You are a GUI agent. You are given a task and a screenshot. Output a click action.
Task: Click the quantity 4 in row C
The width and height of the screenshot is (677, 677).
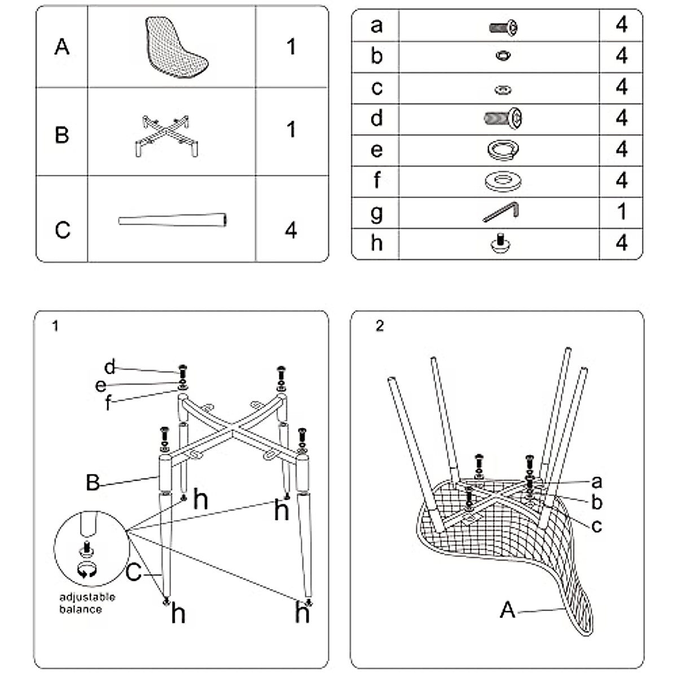point(291,230)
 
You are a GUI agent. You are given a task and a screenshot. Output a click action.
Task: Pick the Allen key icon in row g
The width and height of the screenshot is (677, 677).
point(502,212)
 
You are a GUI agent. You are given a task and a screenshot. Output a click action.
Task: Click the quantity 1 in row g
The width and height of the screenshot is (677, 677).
point(621,212)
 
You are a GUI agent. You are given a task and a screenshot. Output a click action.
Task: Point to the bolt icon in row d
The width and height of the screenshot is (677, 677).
point(503,118)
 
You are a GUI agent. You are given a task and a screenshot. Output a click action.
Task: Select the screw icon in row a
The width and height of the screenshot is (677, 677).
point(503,26)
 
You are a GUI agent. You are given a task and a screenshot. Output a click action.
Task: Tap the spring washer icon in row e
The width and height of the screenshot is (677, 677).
point(503,150)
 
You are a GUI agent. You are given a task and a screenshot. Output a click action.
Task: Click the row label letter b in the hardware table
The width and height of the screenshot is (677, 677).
point(377,56)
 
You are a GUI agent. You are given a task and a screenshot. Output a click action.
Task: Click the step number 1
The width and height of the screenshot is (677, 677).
point(55,326)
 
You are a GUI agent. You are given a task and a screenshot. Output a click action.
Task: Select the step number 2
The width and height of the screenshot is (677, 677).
point(380,326)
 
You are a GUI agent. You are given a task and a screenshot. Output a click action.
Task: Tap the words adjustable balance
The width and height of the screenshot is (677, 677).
point(87,603)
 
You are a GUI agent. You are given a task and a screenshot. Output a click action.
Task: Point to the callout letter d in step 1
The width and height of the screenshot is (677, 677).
point(109,367)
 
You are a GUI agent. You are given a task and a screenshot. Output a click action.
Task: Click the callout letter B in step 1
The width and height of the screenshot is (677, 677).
point(93,482)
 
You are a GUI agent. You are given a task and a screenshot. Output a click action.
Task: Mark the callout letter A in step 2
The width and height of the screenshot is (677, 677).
point(508,610)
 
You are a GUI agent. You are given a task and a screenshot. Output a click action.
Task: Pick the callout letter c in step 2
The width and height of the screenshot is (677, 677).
point(597,526)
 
